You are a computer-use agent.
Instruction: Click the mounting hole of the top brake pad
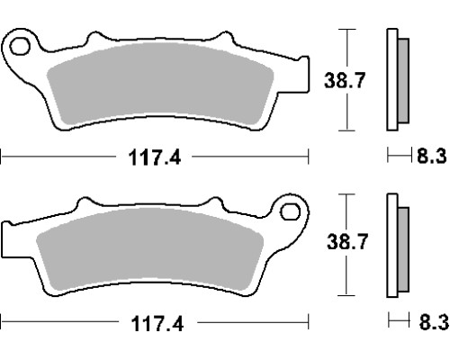click(x=20, y=47)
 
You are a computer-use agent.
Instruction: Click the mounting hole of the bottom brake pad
click(x=290, y=211)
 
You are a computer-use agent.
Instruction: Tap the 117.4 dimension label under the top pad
click(x=155, y=157)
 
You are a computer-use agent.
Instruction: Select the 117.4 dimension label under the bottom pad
click(x=157, y=324)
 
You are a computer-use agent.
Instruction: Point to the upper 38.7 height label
click(x=345, y=80)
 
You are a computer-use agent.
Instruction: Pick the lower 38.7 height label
click(x=347, y=242)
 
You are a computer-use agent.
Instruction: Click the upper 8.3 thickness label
click(x=431, y=156)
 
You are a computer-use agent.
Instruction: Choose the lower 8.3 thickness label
click(x=434, y=322)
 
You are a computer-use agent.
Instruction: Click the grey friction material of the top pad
click(x=160, y=83)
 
